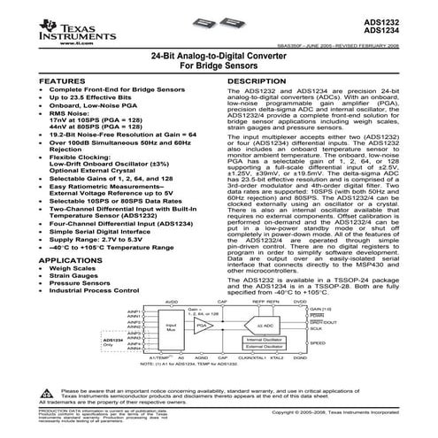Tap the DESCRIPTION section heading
[257, 80]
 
